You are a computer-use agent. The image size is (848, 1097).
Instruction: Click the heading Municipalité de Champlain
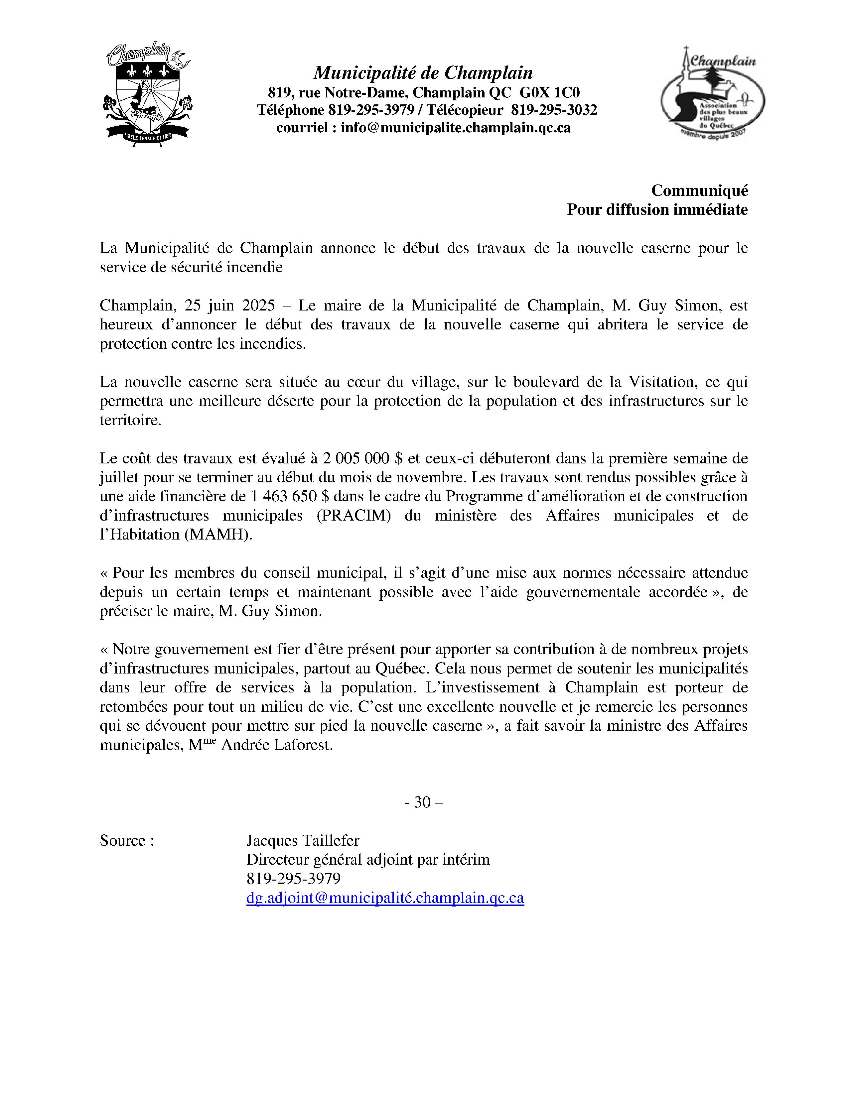pos(423,73)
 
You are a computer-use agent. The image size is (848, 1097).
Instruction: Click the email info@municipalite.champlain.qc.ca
pos(456,128)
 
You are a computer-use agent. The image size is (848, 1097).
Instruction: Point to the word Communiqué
pos(699,190)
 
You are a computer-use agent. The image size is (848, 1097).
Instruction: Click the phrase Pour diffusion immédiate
pos(657,209)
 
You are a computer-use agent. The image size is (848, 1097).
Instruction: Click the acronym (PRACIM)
pos(354,515)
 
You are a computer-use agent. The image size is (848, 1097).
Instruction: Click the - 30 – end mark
pos(423,803)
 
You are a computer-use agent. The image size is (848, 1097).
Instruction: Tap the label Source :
pos(127,841)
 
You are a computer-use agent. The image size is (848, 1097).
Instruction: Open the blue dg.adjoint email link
pos(385,898)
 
